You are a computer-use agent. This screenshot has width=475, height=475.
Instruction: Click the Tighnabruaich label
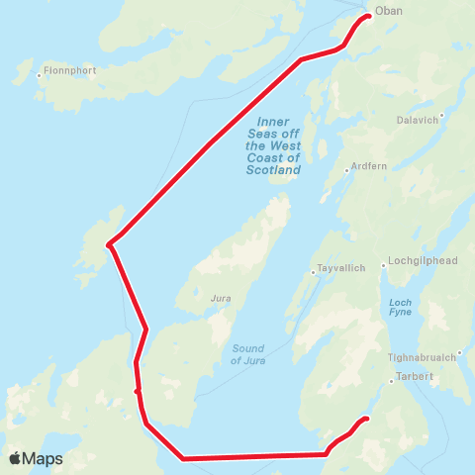point(425,357)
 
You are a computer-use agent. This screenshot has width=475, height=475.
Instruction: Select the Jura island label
point(221,296)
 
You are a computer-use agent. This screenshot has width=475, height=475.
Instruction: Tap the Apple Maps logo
point(38,458)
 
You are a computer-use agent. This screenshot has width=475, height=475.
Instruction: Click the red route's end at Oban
point(368,16)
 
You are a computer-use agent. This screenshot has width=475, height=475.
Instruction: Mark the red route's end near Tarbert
point(366,419)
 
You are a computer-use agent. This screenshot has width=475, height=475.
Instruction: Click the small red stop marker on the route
point(138,392)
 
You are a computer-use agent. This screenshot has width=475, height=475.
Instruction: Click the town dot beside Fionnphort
point(39,74)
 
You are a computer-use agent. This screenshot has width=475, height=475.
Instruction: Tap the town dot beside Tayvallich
point(313,272)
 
